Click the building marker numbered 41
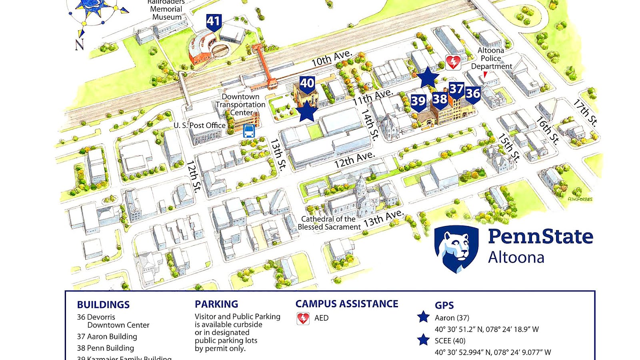tap(214, 22)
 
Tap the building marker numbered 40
tap(307, 84)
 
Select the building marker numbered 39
tap(418, 102)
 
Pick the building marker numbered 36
tap(473, 94)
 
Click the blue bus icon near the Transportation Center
tap(249, 131)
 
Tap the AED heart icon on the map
tap(453, 62)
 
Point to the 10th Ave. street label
tap(332, 58)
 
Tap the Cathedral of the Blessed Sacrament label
tap(329, 223)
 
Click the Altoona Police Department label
tap(491, 58)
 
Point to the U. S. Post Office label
tap(199, 126)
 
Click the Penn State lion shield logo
tap(456, 248)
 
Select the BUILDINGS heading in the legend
tap(103, 305)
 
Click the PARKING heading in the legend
tap(216, 304)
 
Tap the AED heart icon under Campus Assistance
tap(303, 318)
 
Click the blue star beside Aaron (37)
tap(423, 317)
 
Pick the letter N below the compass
tap(80, 44)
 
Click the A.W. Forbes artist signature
tap(580, 199)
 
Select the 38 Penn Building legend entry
tap(106, 348)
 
